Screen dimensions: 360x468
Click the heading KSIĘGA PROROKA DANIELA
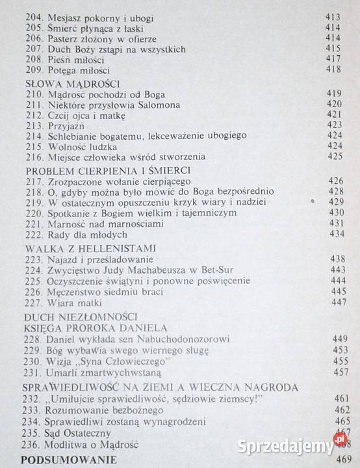[97, 328]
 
